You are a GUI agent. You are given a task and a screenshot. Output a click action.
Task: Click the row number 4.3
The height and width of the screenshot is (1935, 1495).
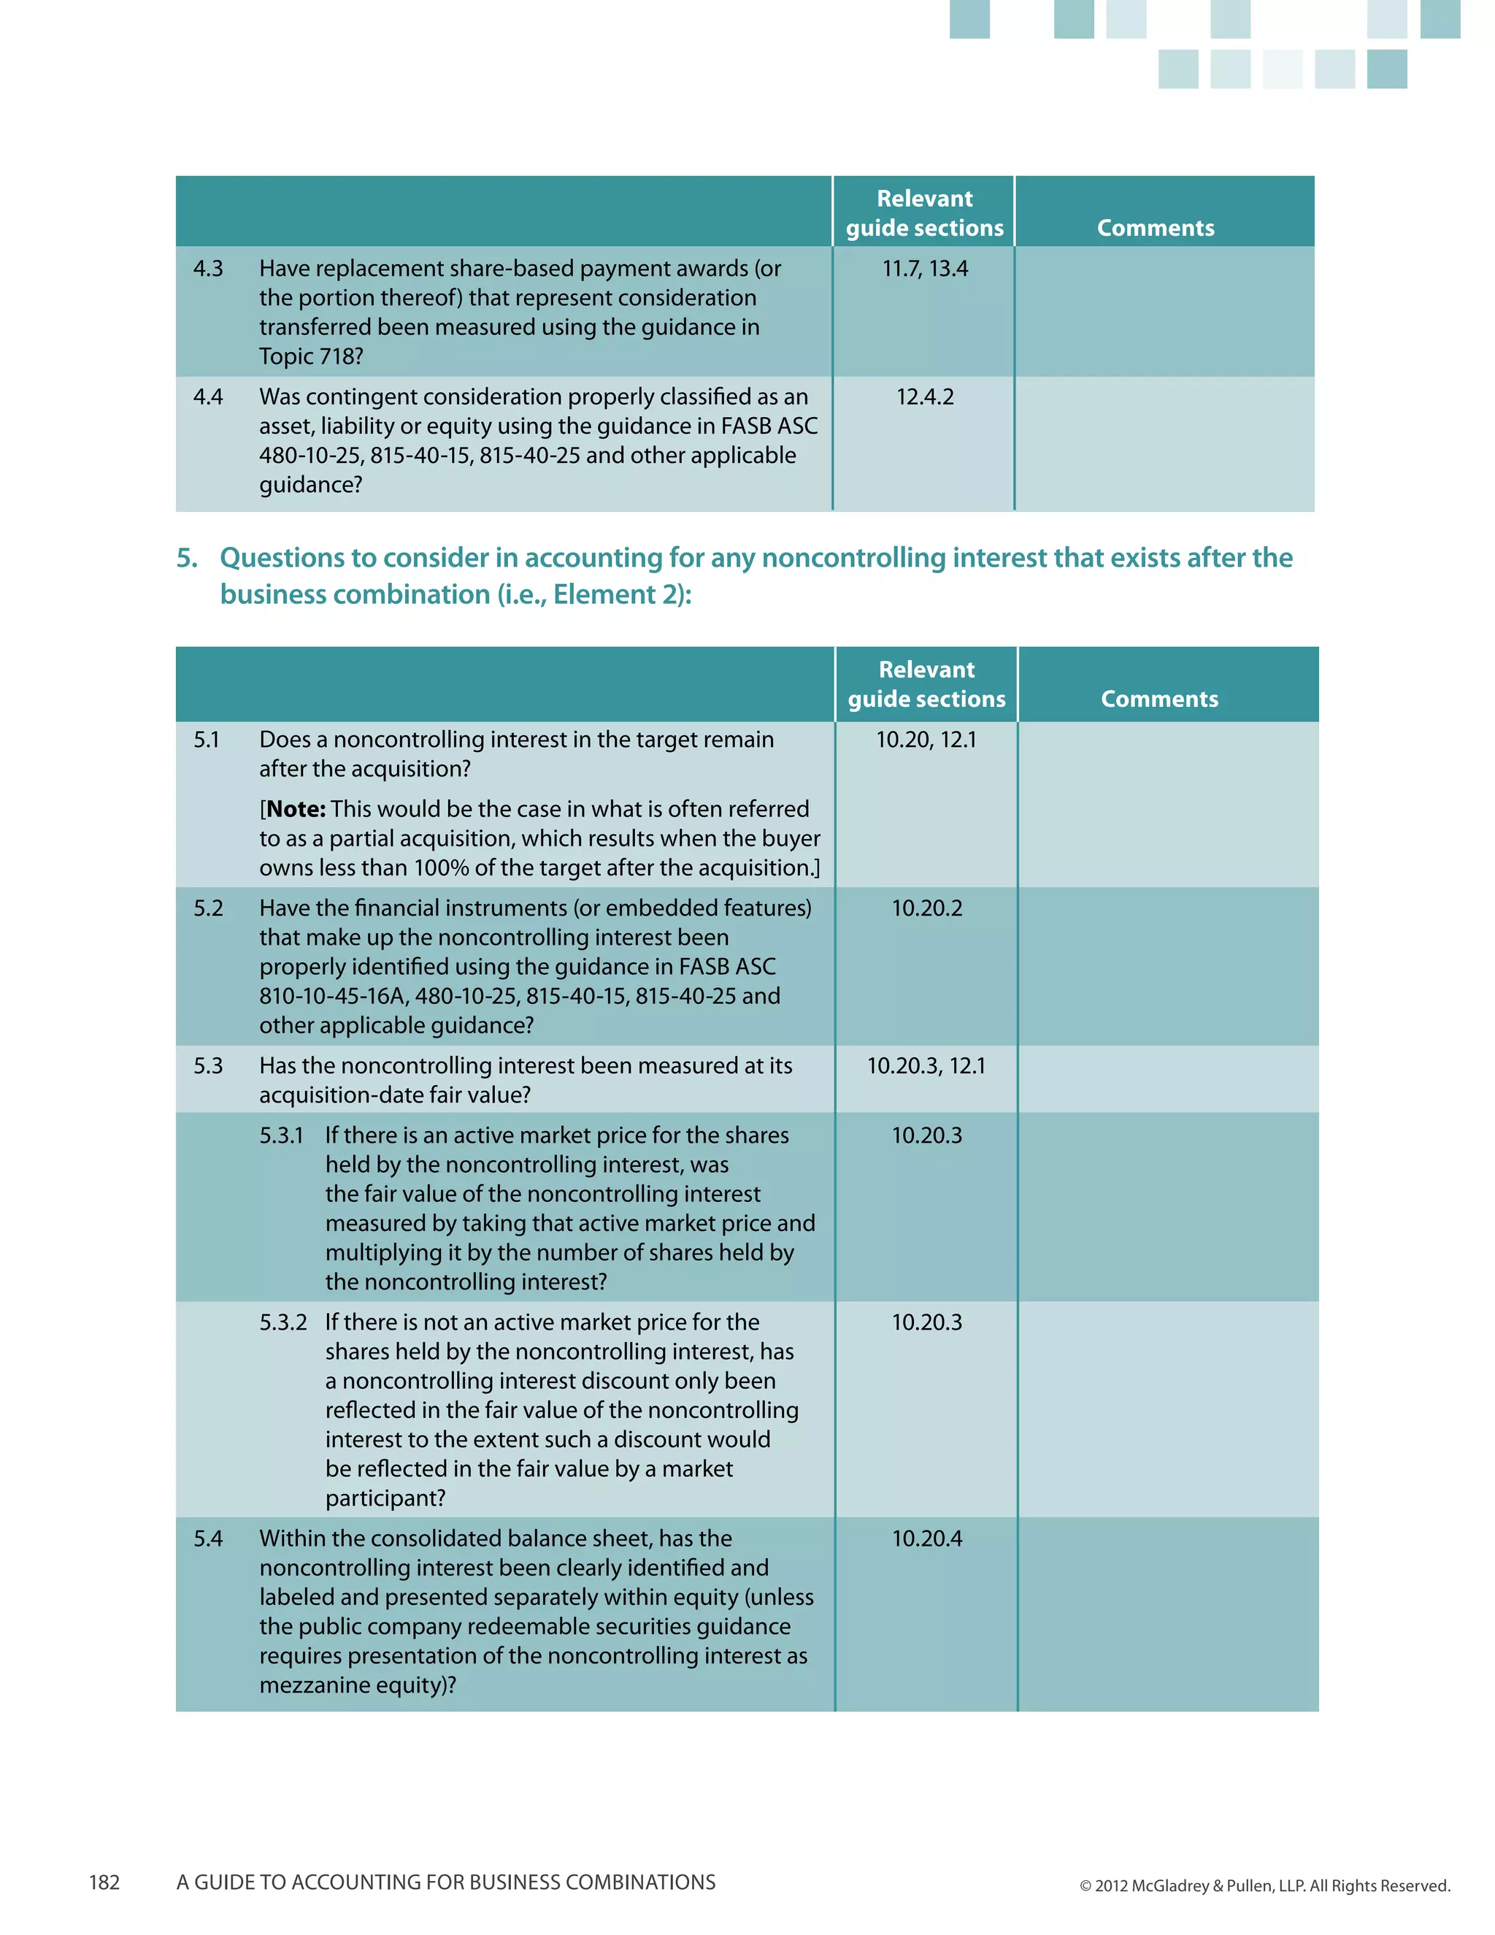[x=208, y=269]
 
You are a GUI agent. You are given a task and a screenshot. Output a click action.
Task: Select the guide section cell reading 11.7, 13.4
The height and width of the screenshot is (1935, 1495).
[x=925, y=269]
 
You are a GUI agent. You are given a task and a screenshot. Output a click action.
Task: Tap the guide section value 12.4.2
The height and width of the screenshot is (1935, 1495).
[x=925, y=397]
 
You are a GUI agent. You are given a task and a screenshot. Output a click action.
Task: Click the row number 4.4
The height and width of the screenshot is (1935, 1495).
[x=208, y=397]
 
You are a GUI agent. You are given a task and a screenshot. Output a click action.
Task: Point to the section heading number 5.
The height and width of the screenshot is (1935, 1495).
[x=186, y=557]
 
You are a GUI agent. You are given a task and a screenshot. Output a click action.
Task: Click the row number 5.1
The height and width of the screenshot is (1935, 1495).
[x=207, y=740]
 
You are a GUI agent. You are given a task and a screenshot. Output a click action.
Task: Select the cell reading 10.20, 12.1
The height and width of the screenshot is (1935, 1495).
[x=926, y=740]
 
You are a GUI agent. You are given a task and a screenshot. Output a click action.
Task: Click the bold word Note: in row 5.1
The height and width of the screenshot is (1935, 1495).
[x=296, y=809]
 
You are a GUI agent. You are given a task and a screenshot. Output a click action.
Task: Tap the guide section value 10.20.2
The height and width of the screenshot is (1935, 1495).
[x=926, y=908]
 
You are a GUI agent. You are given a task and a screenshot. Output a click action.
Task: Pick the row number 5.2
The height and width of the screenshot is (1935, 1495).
[x=208, y=908]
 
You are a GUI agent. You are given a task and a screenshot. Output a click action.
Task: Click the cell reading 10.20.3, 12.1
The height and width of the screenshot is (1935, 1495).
[x=926, y=1066]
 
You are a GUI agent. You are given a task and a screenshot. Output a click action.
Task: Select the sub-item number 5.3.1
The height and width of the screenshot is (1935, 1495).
[x=282, y=1136]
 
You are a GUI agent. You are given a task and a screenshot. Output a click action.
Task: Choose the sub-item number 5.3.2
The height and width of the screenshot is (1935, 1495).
[x=283, y=1323]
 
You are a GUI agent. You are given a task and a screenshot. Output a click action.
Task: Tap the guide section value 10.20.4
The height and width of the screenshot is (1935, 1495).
[x=926, y=1539]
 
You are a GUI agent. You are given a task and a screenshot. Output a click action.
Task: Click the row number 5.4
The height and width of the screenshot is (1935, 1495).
[x=208, y=1539]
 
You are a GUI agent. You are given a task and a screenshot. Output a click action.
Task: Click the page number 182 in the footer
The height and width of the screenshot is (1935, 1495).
[x=104, y=1882]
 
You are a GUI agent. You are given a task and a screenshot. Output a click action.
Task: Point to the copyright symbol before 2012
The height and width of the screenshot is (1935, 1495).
[x=1085, y=1886]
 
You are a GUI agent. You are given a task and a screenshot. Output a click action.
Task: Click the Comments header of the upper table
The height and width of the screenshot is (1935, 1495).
[x=1155, y=228]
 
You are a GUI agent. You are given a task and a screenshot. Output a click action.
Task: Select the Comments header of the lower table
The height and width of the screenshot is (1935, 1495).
[x=1158, y=699]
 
